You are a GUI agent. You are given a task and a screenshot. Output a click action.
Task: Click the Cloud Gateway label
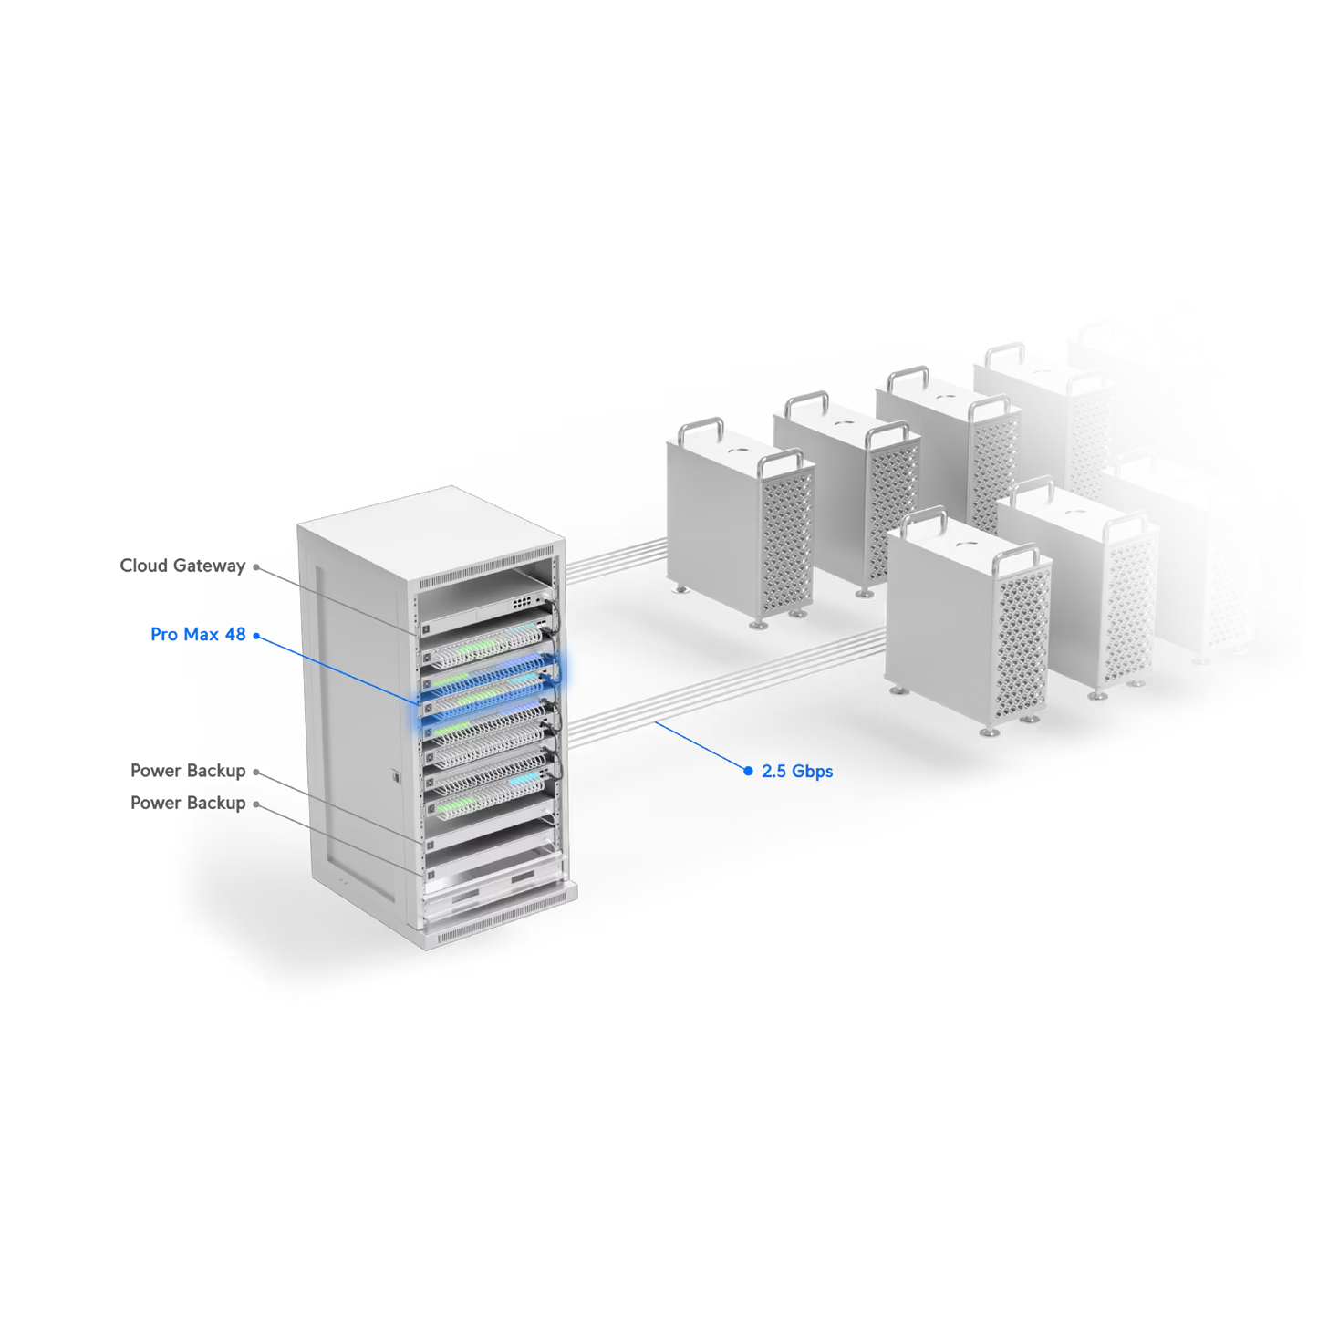(x=182, y=566)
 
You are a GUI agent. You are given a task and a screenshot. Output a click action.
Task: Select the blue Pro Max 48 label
(x=198, y=634)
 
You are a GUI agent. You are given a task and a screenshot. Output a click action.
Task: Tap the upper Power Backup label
(x=187, y=771)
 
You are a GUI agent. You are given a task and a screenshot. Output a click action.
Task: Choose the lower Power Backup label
(x=187, y=803)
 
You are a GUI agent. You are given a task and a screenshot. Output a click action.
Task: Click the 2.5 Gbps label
(x=797, y=772)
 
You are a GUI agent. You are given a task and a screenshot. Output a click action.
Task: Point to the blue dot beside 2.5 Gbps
(x=748, y=771)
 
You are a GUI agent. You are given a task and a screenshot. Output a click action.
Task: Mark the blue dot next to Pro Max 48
(x=256, y=636)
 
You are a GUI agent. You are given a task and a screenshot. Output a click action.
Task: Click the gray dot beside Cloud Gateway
(x=256, y=567)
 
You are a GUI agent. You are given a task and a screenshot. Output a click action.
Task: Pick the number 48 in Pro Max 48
(x=235, y=634)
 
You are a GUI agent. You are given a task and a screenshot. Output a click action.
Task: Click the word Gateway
(x=209, y=566)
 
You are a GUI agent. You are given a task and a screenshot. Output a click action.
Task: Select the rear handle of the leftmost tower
(x=701, y=431)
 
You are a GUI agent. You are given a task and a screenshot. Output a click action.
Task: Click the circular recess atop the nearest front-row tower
(x=970, y=545)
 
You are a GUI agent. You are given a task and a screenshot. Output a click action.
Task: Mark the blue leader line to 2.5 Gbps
(x=701, y=746)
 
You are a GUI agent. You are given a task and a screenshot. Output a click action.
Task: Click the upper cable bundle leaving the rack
(x=616, y=560)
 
